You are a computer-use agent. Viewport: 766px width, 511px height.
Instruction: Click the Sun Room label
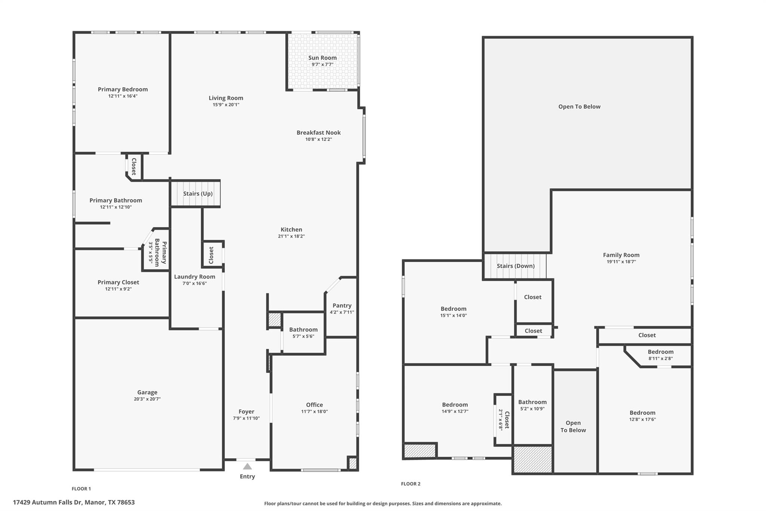322,58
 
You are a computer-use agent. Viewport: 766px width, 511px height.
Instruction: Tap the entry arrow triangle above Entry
247,466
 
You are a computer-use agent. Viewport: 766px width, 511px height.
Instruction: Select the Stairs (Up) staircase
196,194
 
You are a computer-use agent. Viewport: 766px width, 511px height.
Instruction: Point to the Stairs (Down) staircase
515,266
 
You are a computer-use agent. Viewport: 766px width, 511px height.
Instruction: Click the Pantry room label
341,305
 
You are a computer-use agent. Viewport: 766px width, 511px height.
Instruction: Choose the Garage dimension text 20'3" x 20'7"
147,399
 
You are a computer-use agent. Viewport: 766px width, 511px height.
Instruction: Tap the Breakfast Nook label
318,133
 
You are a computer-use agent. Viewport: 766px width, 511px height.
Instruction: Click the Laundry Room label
194,277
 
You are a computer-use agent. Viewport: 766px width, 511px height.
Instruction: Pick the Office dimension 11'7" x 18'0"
314,411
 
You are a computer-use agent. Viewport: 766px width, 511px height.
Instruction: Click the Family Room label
621,255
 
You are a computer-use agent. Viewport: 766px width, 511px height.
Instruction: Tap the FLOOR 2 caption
410,484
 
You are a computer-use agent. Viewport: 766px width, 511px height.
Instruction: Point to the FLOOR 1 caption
81,489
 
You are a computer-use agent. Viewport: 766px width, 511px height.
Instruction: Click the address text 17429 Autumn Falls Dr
74,502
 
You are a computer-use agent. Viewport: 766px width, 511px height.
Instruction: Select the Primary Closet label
118,282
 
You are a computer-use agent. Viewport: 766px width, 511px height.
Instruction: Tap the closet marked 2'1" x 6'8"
503,420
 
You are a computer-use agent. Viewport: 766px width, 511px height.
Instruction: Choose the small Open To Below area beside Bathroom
573,426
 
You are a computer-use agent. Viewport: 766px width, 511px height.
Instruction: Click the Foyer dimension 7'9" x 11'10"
246,418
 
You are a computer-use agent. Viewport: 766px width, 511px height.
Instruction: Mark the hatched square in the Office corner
352,464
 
